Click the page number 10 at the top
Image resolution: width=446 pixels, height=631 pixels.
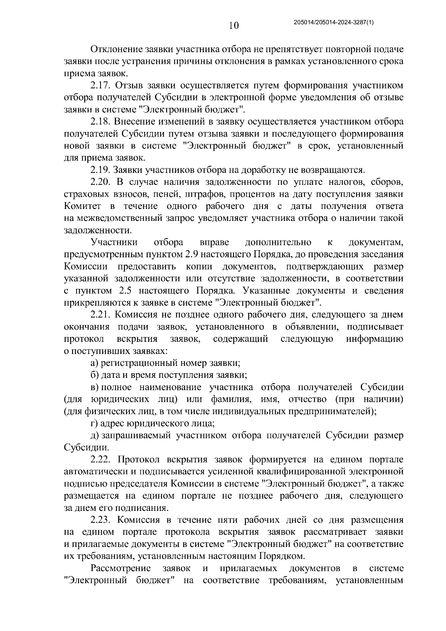[234, 25]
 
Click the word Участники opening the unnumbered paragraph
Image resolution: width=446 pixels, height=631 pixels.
[114, 242]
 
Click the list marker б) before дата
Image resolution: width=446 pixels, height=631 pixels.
[94, 375]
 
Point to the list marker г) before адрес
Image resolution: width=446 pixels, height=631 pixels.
[94, 424]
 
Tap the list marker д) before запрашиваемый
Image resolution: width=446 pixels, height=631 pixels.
[94, 435]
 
